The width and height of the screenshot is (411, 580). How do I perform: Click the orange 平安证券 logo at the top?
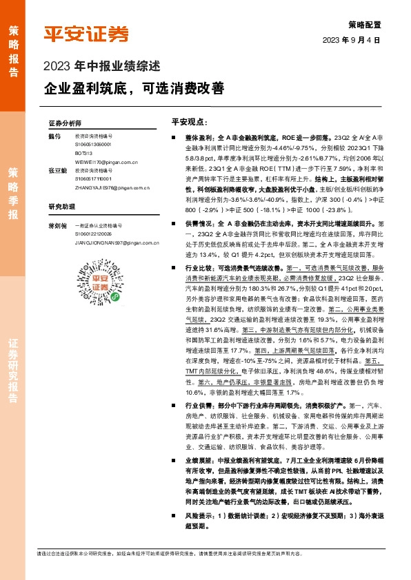[87, 34]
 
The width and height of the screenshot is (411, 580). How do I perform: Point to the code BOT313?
[83, 150]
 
